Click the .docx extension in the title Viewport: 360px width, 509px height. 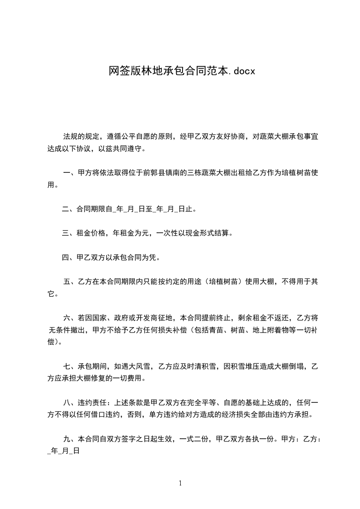[239, 71]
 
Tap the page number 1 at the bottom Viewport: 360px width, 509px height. [180, 483]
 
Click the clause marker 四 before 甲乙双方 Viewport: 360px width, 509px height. [65, 259]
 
